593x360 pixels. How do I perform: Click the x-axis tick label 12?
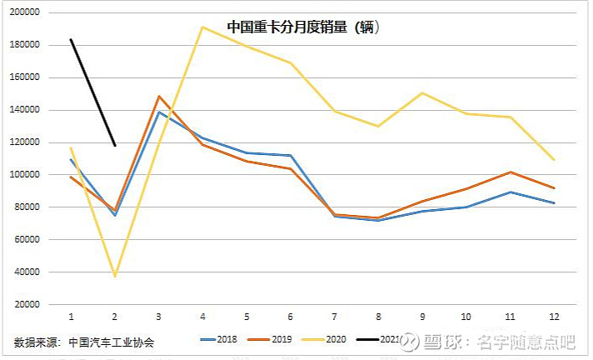click(553, 317)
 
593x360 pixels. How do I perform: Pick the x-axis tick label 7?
click(334, 317)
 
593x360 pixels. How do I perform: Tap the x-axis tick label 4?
click(202, 317)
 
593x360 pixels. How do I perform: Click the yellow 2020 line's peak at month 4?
click(202, 27)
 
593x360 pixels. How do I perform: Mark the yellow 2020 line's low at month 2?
click(115, 276)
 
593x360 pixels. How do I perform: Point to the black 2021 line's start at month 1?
click(71, 39)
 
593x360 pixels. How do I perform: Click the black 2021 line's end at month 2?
click(115, 145)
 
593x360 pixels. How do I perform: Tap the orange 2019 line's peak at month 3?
click(158, 96)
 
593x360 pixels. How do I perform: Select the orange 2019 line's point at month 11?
click(510, 172)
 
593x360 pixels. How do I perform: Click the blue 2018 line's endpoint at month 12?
click(553, 202)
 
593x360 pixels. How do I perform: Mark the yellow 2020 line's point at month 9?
click(421, 92)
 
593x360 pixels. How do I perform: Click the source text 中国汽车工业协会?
click(112, 342)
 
